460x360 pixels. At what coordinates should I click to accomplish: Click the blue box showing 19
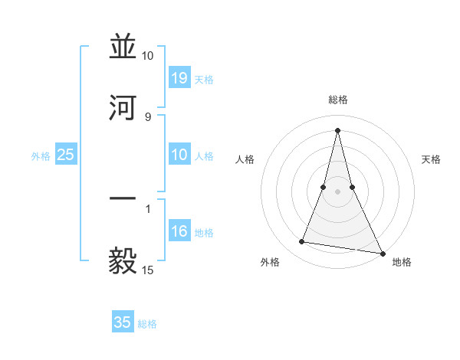[x=179, y=78]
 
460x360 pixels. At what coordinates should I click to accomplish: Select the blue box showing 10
[x=179, y=155]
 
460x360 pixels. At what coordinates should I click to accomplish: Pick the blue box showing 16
[x=179, y=232]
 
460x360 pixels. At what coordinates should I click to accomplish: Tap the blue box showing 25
[x=66, y=155]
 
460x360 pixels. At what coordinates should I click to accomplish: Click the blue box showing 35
[x=123, y=322]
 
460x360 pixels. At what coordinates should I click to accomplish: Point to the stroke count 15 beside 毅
[x=148, y=270]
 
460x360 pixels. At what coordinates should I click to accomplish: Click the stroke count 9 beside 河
[x=148, y=116]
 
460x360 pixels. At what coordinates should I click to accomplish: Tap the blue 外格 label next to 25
[x=41, y=156]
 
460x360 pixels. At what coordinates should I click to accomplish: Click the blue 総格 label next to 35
[x=147, y=323]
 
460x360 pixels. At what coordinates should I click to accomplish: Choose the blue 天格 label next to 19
[x=204, y=79]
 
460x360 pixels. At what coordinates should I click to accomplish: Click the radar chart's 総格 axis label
[x=338, y=100]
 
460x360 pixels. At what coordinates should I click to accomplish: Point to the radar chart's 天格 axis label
[x=432, y=159]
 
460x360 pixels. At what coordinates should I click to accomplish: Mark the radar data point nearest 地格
[x=382, y=252]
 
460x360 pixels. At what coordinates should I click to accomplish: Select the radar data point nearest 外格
[x=302, y=242]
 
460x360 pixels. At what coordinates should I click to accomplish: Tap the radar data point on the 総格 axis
[x=337, y=130]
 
